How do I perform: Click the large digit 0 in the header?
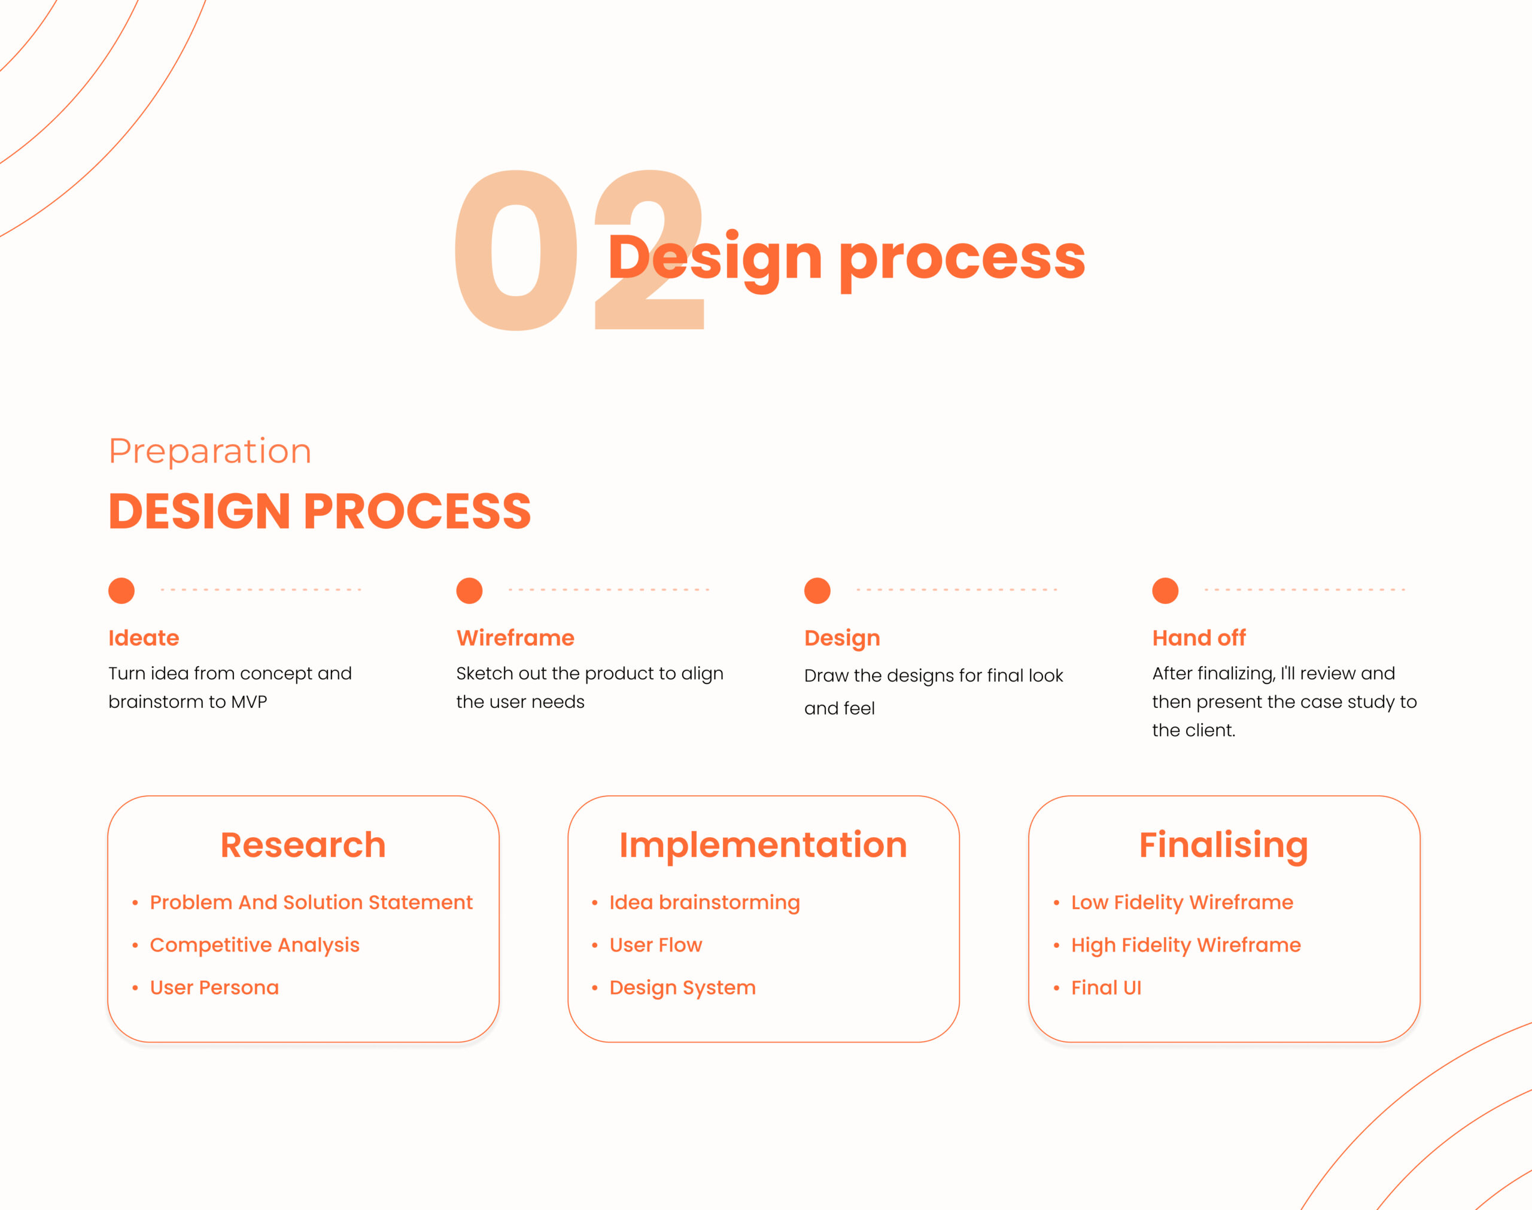click(516, 251)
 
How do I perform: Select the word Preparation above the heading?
click(209, 452)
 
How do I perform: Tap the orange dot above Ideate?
click(121, 590)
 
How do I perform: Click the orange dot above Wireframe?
click(469, 590)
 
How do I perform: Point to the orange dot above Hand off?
click(1165, 590)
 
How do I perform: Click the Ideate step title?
click(144, 637)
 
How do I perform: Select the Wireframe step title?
click(515, 637)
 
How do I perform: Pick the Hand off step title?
click(1199, 637)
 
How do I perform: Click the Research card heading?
click(303, 844)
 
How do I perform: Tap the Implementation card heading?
click(763, 845)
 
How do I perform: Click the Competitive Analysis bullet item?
click(254, 945)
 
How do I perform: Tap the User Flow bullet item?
click(656, 945)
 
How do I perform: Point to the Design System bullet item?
click(682, 988)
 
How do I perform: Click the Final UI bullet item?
click(1106, 987)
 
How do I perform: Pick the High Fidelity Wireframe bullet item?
click(1186, 945)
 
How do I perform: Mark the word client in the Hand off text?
click(1215, 731)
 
